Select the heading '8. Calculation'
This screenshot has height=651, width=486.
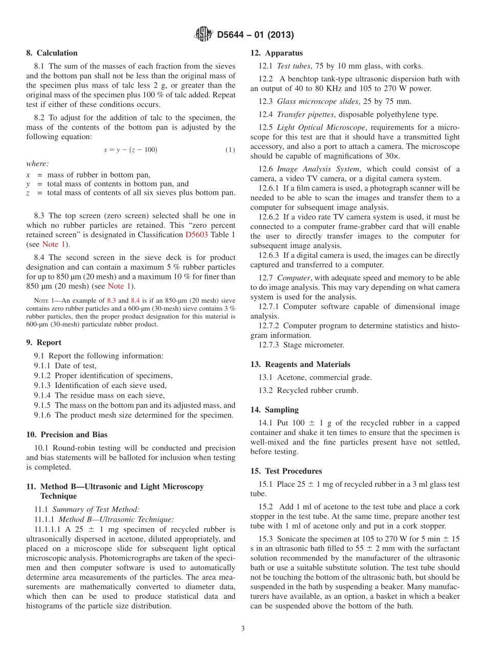52,53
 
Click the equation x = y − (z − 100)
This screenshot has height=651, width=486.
130,150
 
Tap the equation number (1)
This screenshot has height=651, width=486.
230,150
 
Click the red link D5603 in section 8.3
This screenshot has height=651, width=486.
196,235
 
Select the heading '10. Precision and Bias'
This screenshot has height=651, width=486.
67,435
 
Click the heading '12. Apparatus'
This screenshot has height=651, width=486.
276,53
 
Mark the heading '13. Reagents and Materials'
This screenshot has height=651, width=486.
300,364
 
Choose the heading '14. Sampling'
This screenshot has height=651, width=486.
275,409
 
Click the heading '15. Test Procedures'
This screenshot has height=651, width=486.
286,471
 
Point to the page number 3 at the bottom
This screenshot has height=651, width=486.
243,628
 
